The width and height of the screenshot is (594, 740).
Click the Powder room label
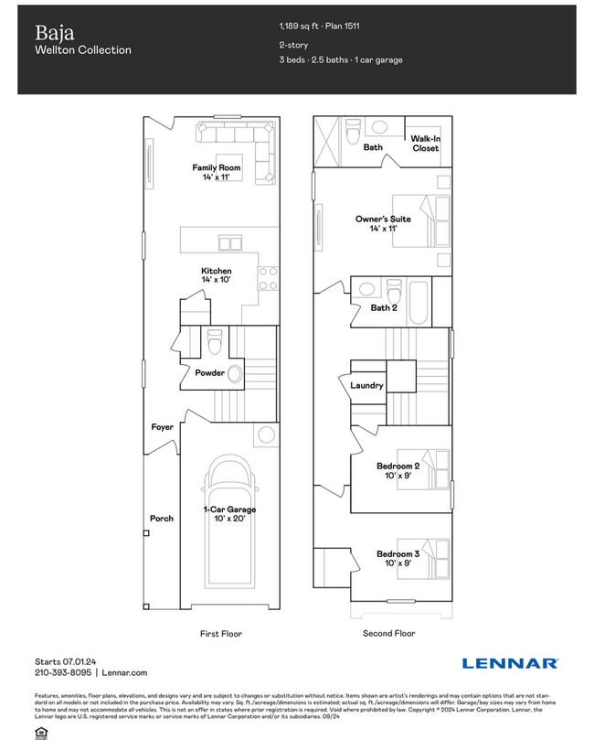coord(209,372)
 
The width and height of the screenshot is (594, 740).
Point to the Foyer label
coord(162,427)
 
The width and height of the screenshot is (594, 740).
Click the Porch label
coord(161,519)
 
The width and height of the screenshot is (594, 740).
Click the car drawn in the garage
coord(229,521)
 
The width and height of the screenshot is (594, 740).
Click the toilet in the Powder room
coord(214,342)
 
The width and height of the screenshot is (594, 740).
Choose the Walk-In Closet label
coord(425,143)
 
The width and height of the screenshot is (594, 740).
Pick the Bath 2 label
coord(384,307)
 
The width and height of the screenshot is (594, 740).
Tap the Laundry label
coord(366,385)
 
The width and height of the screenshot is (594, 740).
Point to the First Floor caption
coord(220,633)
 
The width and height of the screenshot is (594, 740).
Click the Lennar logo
coord(510,663)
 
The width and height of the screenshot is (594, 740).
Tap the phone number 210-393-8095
coord(63,671)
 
